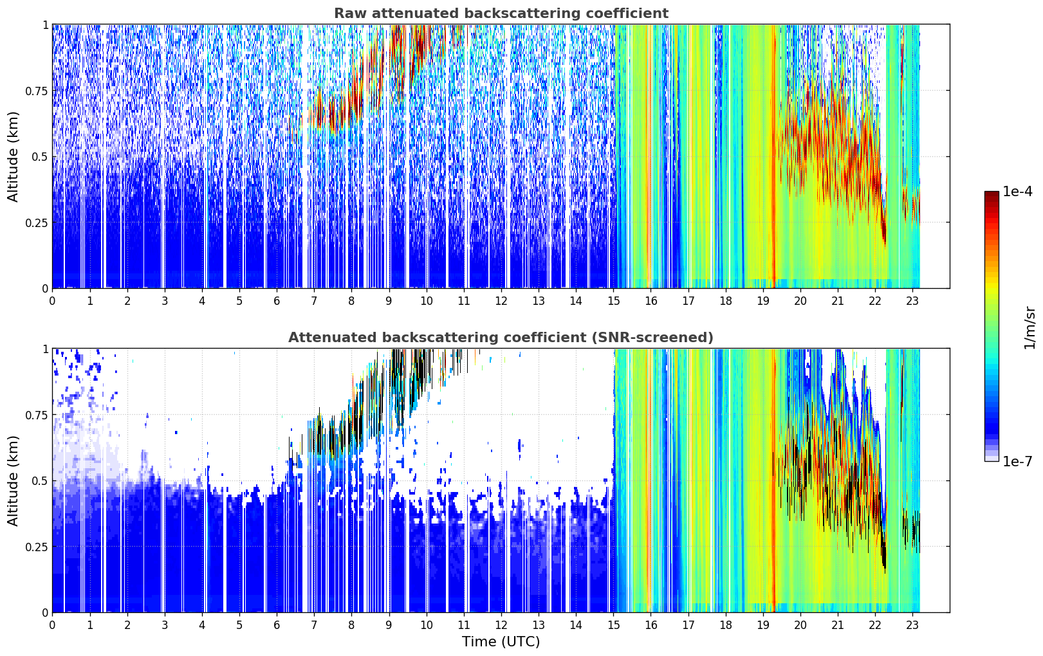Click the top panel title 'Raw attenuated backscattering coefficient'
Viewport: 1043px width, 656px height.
tap(501, 13)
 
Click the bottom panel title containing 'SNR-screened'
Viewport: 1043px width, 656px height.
tap(501, 337)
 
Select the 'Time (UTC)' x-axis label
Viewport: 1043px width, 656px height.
tap(501, 642)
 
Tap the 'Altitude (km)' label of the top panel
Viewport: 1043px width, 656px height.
tap(13, 156)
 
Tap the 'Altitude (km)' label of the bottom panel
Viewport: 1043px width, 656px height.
tap(13, 480)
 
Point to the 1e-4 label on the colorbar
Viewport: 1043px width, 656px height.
tap(1017, 191)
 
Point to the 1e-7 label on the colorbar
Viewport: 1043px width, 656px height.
tap(1017, 462)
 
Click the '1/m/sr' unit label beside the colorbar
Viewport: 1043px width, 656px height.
tap(1029, 327)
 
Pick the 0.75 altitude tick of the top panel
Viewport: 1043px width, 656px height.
tap(37, 91)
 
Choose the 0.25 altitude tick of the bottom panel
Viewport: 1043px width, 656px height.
tap(37, 547)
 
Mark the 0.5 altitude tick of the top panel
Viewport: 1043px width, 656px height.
tap(40, 157)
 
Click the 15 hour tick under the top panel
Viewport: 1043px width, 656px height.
tap(614, 301)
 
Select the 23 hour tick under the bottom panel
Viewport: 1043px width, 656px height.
tap(912, 625)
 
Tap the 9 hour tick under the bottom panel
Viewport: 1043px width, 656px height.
tap(389, 625)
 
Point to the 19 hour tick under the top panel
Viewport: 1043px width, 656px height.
tap(763, 301)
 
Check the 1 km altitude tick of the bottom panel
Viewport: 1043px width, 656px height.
tap(46, 349)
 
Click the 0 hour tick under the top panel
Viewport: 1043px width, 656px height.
tap(52, 301)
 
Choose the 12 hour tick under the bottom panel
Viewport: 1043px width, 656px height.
tap(501, 625)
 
